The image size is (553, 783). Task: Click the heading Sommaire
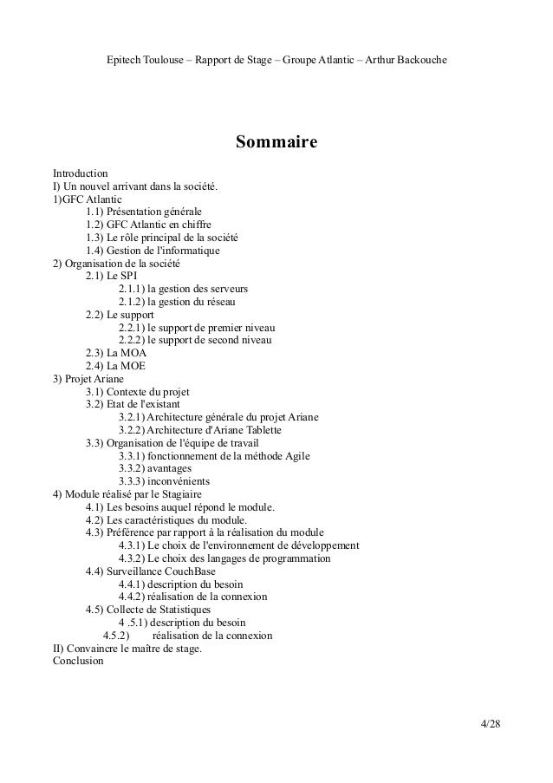click(276, 141)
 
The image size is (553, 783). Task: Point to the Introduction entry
click(81, 173)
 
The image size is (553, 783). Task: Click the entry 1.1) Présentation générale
click(143, 211)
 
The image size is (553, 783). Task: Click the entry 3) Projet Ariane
click(89, 379)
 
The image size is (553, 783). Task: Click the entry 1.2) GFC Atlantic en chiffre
click(148, 224)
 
